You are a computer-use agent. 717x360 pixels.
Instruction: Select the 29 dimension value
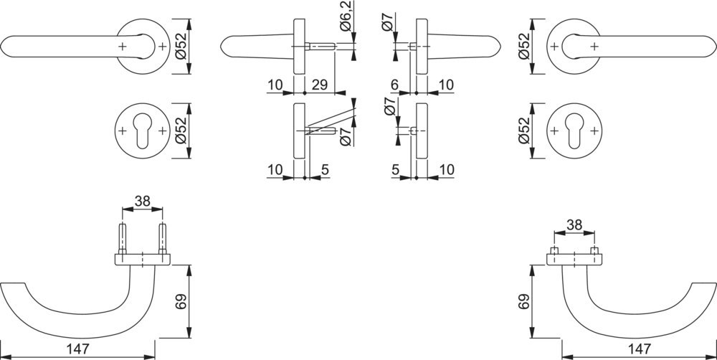[319, 85]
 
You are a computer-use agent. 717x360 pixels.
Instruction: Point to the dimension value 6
[395, 85]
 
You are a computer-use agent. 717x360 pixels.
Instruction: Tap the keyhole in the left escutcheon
[143, 130]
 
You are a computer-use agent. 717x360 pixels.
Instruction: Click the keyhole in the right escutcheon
[574, 130]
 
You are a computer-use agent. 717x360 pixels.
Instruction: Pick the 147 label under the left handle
[77, 349]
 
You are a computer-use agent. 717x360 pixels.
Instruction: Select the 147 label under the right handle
[640, 349]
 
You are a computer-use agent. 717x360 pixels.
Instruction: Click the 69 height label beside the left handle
[182, 301]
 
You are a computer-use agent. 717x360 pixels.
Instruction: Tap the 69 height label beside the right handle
[525, 301]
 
